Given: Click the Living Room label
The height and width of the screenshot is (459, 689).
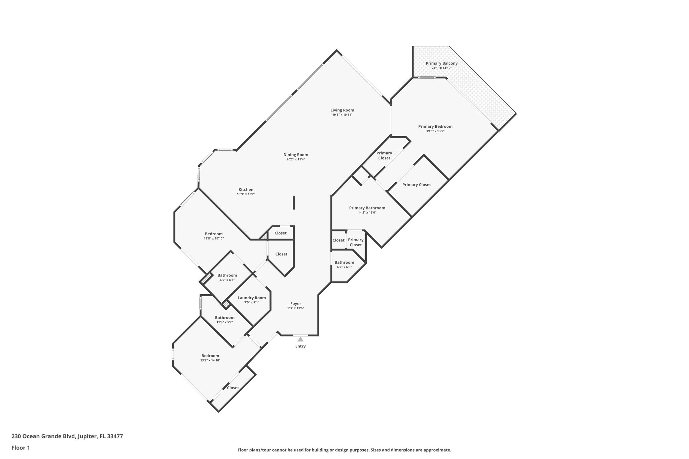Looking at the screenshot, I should coord(342,110).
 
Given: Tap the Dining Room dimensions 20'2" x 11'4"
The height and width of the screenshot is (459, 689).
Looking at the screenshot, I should coord(295,159).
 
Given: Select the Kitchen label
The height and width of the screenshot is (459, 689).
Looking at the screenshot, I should coord(246,190).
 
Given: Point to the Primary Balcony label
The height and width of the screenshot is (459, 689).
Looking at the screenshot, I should coord(441,63).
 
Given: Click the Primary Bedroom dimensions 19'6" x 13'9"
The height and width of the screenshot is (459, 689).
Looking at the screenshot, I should coord(435,131).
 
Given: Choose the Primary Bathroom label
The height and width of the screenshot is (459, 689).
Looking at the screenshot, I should coord(367,208).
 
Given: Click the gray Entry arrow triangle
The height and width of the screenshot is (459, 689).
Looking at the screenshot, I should coord(300,339).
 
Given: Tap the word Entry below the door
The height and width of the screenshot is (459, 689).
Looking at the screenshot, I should coord(300,346).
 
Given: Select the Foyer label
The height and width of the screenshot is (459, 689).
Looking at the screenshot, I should coord(296,304).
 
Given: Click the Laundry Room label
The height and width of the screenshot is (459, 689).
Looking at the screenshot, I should coord(252,298).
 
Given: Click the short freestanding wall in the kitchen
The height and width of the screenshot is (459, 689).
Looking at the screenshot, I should coord(294,203).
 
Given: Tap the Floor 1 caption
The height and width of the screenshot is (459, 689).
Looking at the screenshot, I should coord(21,448).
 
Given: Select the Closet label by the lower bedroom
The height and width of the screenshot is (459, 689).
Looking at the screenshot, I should coord(233,388).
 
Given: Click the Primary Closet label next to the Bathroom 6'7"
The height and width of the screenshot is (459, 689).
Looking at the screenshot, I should coord(356,242).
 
